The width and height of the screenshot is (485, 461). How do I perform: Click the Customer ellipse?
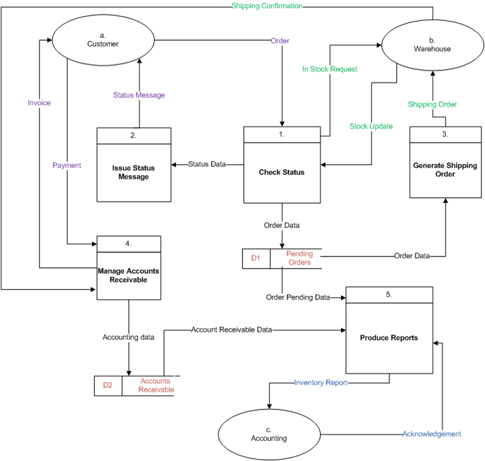tap(103, 40)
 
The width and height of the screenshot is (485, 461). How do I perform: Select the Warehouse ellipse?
tap(432, 45)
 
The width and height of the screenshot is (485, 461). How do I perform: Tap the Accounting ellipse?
tap(269, 435)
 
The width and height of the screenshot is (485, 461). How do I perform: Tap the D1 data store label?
tap(256, 258)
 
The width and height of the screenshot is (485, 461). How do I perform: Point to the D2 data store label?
tap(108, 385)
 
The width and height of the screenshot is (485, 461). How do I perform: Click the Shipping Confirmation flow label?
tap(267, 6)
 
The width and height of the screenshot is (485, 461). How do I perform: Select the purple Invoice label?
tap(39, 103)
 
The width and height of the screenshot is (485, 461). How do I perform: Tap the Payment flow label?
tap(67, 165)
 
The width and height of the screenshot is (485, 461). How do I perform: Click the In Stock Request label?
tap(329, 69)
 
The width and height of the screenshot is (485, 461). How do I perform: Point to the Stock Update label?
tap(371, 127)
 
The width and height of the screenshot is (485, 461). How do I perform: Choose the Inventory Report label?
tap(321, 382)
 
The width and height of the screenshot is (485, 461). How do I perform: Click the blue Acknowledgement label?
tap(432, 434)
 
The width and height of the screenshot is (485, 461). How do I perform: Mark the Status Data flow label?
tap(207, 164)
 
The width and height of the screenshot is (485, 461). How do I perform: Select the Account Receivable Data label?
tap(231, 330)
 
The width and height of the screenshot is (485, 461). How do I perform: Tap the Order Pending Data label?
tap(298, 297)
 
